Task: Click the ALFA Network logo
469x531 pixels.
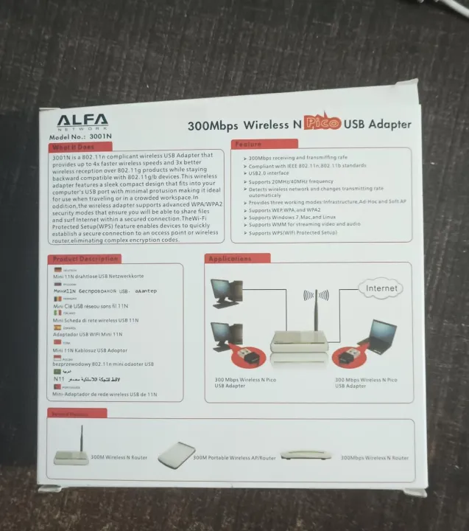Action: pos(82,121)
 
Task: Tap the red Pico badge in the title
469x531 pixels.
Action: pos(323,123)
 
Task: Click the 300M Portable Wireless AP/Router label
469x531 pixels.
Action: pos(234,458)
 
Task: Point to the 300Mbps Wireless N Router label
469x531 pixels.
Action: pos(374,458)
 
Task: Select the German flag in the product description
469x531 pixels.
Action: pos(57,270)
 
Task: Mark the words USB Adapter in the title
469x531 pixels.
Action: pos(378,124)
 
